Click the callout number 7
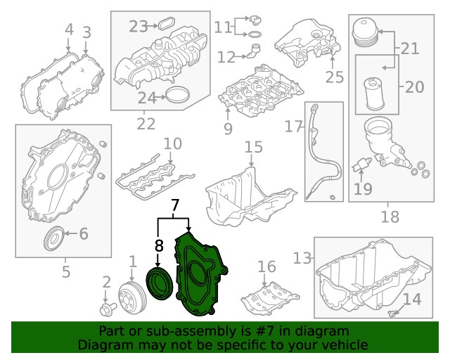tap(175, 206)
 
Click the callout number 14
tap(411, 300)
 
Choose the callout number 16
tap(266, 266)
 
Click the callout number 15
tap(253, 147)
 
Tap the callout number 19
tap(363, 188)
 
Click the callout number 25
tap(332, 76)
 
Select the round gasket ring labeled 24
tap(179, 97)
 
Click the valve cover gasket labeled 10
tap(146, 172)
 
